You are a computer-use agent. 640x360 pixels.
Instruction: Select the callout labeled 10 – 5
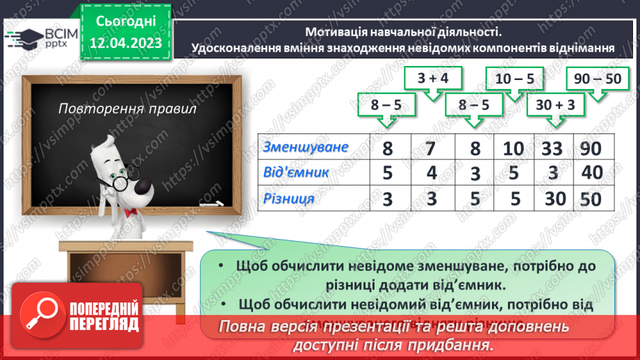pyautogui.click(x=515, y=79)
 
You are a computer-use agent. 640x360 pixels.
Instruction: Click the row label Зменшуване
pyautogui.click(x=306, y=147)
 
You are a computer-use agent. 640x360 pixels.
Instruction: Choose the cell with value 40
pyautogui.click(x=593, y=173)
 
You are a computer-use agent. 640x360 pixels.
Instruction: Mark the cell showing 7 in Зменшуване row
pyautogui.click(x=430, y=148)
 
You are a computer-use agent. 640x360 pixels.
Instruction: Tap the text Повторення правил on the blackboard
pyautogui.click(x=127, y=109)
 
